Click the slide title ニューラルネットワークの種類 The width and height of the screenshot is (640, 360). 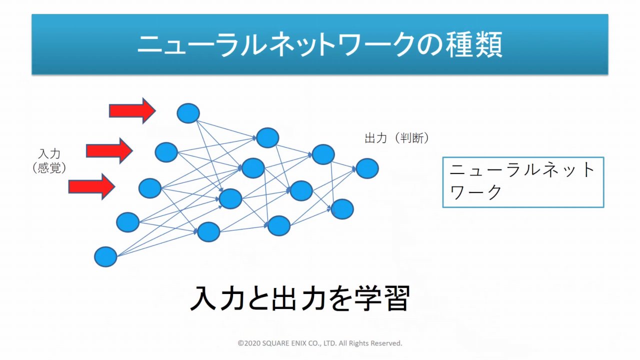pos(319,45)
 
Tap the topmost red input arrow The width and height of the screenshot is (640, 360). pos(132,111)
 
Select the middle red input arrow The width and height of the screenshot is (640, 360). pos(109,151)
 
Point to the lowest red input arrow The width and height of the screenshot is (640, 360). pos(91,187)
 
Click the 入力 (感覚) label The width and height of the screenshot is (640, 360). pos(49,161)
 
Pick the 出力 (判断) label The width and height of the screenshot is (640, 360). pos(397,138)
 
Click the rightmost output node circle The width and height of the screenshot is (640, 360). pos(367,168)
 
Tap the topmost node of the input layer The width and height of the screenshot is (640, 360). pos(188,113)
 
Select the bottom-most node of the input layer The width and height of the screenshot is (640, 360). pos(105,257)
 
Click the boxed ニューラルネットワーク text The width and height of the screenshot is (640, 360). pos(522,181)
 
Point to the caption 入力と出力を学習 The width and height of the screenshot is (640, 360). pos(300,298)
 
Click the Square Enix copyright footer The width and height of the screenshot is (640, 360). pos(320,343)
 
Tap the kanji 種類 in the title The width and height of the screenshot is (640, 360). pos(474,45)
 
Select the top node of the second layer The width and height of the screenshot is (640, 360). pos(267,137)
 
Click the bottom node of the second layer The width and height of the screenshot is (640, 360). pos(209,232)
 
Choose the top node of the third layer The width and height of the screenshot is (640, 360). pos(323,154)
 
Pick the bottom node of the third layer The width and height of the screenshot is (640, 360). pos(279,225)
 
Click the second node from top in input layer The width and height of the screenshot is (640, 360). pos(166,152)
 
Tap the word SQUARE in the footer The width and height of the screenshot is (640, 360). pos(275,343)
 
